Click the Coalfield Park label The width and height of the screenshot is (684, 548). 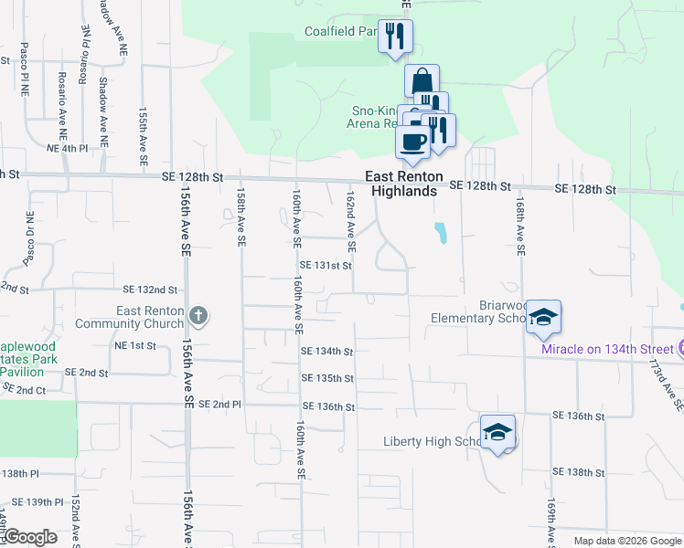[x=341, y=31]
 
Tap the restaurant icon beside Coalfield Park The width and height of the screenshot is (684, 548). [x=395, y=37]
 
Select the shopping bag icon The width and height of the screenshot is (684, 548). [x=422, y=81]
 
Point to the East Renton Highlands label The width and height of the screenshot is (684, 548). [x=404, y=184]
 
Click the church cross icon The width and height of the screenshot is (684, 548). [x=199, y=317]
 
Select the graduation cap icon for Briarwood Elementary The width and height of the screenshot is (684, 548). [x=543, y=317]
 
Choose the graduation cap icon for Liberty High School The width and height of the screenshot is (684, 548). [x=497, y=432]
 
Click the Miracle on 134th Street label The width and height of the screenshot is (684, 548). [x=606, y=349]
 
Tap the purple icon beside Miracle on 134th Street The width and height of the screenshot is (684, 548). [x=680, y=348]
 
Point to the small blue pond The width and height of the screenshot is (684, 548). [x=441, y=233]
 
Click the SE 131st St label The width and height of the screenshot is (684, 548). [x=326, y=266]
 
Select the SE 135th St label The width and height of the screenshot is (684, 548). [x=327, y=378]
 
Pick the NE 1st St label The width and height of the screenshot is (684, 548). [x=134, y=346]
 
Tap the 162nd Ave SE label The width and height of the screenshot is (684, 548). [x=350, y=222]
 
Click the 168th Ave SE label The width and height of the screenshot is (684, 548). [x=519, y=223]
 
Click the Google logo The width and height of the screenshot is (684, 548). [x=31, y=537]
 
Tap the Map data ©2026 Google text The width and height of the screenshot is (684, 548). [x=626, y=541]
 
